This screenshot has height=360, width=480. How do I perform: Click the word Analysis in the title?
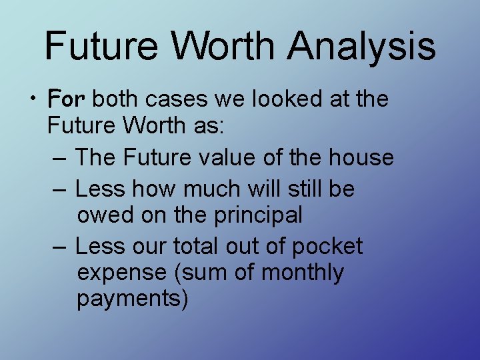[362, 47]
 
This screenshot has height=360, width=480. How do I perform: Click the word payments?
[133, 299]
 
